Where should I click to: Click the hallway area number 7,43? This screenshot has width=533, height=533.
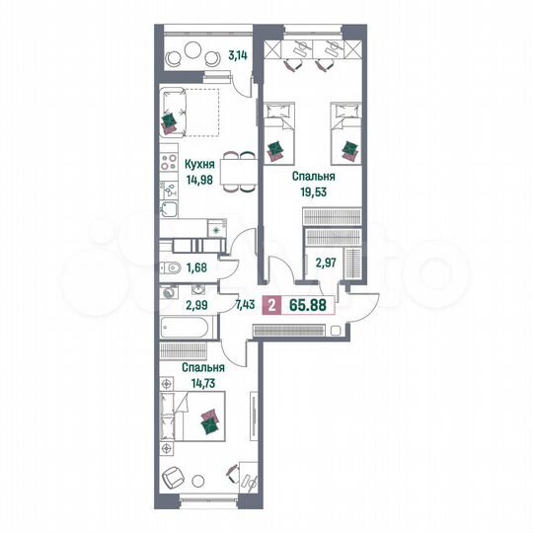[245, 304]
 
